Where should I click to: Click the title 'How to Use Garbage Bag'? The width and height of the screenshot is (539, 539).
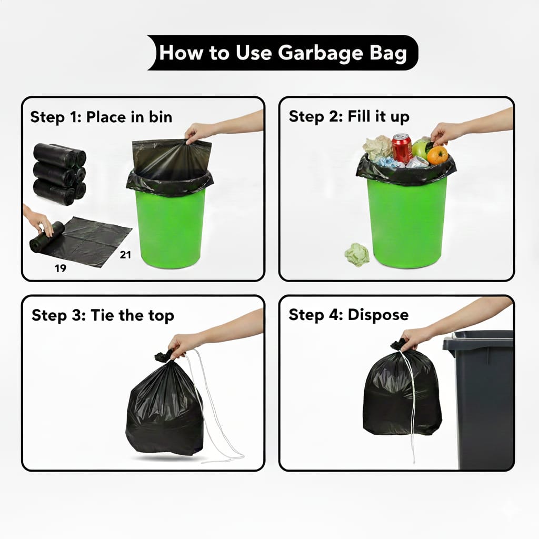coord(283,53)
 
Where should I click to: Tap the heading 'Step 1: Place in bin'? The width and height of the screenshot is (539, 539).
coord(101,117)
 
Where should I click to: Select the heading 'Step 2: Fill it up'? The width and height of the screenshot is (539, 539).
coord(349,116)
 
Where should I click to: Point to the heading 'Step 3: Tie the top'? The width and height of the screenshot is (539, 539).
coord(103,316)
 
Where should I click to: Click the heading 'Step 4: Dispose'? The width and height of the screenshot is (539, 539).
coord(348,315)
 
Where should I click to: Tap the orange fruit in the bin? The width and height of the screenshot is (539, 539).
coord(437,155)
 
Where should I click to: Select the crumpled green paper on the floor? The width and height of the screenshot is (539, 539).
coord(357,255)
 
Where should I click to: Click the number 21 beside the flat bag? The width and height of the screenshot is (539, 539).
coord(125,255)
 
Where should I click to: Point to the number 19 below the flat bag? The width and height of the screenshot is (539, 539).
coord(61,268)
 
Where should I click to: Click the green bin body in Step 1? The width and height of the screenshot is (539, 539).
coord(170,228)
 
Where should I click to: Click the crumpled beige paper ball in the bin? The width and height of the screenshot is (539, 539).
coord(377,148)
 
